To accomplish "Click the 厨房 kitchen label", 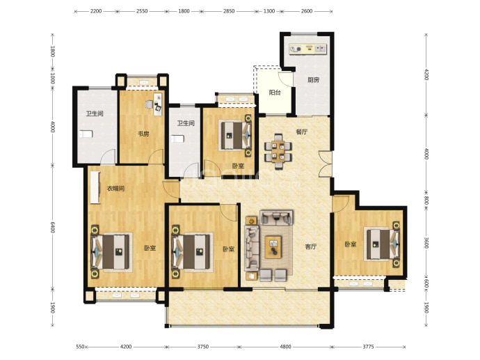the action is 313,80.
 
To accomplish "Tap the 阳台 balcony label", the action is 275,93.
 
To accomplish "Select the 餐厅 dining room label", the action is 301,132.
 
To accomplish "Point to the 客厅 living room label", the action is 311,246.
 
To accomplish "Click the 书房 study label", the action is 143,134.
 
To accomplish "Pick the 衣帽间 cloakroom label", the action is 115,189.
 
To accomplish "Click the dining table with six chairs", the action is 278,151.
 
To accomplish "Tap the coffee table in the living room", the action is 273,247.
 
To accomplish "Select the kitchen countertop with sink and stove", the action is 308,49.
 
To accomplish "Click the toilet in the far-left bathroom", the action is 86,134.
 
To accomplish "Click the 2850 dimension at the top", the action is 229,11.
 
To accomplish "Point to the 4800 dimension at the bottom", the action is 285,347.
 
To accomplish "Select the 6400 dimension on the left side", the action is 52,227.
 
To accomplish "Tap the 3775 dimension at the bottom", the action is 368,347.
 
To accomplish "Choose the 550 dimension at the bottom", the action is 80,347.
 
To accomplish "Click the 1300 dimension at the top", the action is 269,11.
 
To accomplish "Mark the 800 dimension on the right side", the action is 426,201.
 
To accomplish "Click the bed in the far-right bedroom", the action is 382,244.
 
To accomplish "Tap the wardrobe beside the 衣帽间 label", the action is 95,187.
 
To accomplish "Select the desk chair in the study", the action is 149,104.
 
